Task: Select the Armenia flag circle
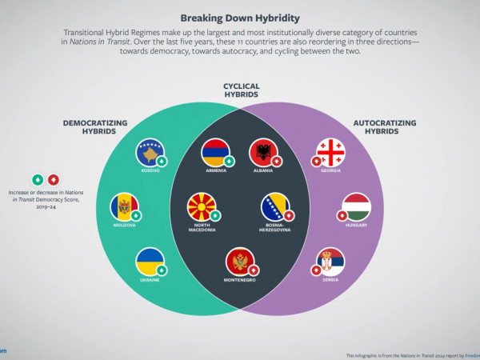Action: point(216,152)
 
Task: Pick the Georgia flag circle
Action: point(331,152)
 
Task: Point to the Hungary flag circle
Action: point(356,206)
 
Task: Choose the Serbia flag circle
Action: point(330,262)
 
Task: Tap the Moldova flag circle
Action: point(124,206)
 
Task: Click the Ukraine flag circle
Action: point(150,262)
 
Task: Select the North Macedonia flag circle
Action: point(202,206)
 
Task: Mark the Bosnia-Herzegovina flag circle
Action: point(275,206)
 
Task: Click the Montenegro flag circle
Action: point(240,262)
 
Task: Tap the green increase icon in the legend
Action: point(37,179)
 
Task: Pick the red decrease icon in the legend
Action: point(53,179)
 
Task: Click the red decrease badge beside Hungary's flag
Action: point(343,215)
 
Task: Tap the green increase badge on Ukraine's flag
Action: point(162,270)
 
